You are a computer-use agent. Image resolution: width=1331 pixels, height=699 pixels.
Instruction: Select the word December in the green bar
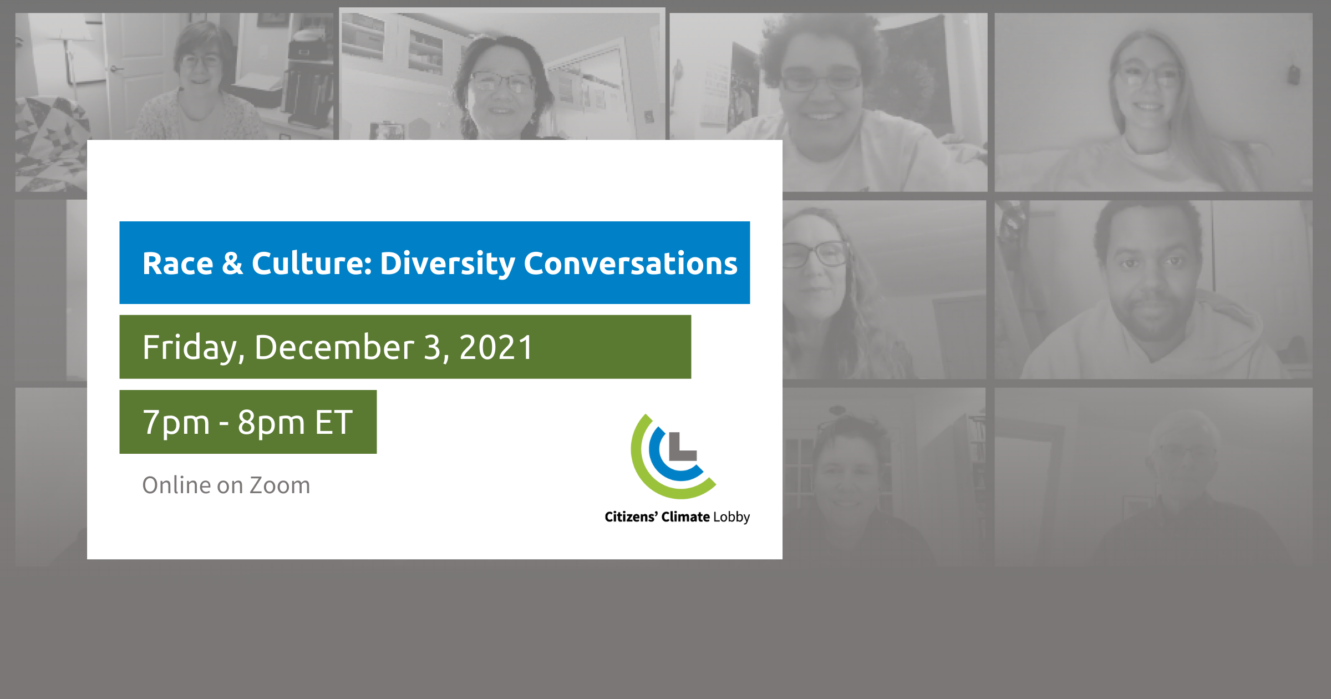pos(334,348)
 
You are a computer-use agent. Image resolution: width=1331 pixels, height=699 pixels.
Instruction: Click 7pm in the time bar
pos(176,423)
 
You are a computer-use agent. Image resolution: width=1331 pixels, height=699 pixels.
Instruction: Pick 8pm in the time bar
pos(272,423)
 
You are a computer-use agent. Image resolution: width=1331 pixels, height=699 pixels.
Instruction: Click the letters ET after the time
pos(334,423)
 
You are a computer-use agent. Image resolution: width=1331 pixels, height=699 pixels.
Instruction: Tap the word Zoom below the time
pos(280,485)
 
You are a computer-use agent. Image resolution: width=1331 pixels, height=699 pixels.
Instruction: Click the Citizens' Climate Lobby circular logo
pos(672,457)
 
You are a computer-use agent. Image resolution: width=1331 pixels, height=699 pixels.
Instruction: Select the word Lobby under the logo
pos(731,517)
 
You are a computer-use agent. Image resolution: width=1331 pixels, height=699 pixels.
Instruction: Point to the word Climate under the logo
pos(685,517)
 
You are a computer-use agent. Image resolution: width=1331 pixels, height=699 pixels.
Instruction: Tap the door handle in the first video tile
pos(115,69)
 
